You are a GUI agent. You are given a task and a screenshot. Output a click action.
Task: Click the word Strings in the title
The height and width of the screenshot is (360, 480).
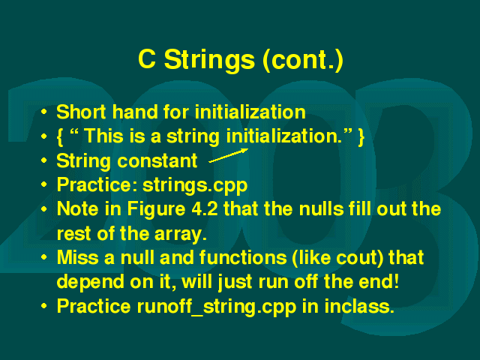[x=209, y=60]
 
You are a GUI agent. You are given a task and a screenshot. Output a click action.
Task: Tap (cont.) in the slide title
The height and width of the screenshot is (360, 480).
[x=303, y=60]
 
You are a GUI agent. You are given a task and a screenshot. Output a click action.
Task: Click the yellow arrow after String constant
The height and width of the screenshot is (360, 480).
[x=228, y=155]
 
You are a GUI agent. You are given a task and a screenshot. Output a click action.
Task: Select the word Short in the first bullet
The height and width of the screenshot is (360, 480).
[x=81, y=112]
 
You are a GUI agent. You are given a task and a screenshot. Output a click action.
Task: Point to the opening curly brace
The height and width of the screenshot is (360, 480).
[x=60, y=136]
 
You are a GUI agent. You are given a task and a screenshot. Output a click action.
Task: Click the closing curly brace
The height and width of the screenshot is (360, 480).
[x=361, y=136]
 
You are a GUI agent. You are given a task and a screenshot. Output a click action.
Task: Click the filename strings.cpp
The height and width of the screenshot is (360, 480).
[x=195, y=185]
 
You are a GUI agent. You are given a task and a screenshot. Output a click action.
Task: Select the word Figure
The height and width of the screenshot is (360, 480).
[x=156, y=210]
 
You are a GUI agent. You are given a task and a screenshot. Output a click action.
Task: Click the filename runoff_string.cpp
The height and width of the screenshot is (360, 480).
[x=217, y=307]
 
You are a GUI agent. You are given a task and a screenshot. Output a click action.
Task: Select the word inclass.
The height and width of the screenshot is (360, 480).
[x=359, y=306]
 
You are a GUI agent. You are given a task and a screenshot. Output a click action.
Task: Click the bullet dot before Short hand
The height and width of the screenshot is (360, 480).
[x=44, y=112]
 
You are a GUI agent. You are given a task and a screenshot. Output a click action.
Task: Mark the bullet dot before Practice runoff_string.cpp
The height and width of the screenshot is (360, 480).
[x=44, y=306]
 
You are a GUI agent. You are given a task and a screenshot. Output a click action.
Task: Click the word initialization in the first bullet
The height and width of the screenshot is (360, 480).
[x=250, y=112]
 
